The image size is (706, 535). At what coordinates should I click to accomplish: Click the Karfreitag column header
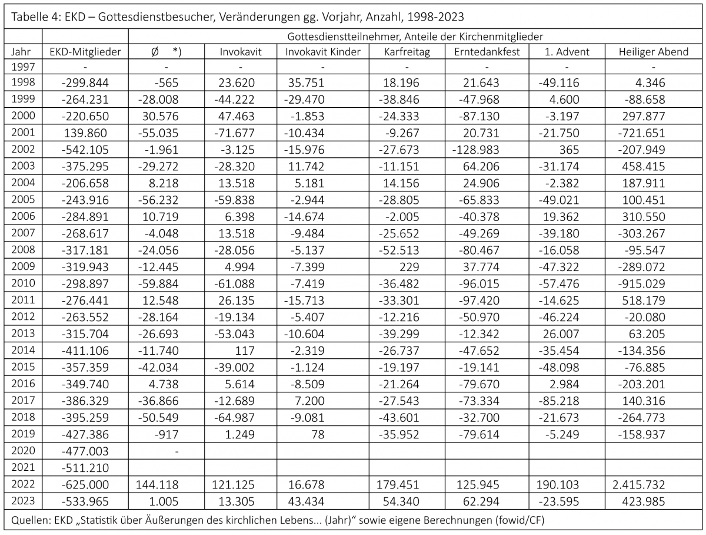(x=407, y=52)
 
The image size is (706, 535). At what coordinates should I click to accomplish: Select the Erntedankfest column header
(x=487, y=52)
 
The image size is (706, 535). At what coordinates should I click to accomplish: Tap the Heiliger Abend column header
(x=653, y=52)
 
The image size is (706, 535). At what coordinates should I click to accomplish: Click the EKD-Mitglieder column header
(x=85, y=52)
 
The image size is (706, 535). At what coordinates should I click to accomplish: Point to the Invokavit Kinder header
(x=322, y=52)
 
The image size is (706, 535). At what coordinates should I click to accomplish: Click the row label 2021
(x=23, y=468)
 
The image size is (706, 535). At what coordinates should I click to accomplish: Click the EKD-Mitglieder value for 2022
(x=85, y=486)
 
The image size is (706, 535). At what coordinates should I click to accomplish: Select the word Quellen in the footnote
(x=24, y=521)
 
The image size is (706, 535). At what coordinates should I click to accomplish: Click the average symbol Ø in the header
(x=155, y=52)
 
